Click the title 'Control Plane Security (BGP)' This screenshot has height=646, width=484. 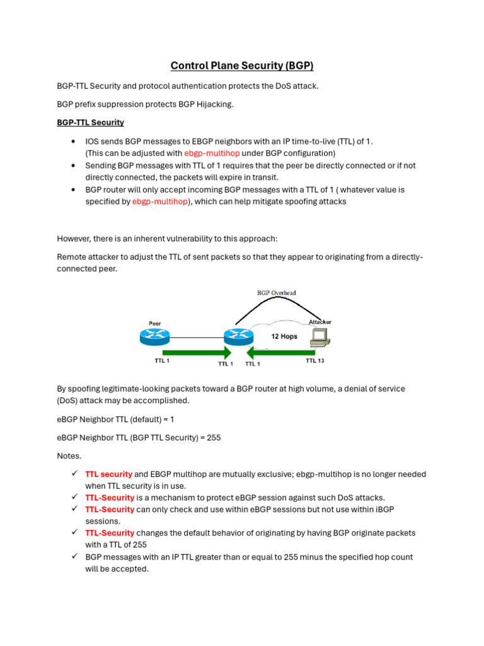(x=242, y=66)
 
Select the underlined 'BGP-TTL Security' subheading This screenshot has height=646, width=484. (x=90, y=122)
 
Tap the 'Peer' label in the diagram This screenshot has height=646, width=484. (x=154, y=324)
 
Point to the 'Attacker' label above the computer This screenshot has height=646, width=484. (x=320, y=322)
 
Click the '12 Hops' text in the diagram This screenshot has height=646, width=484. (x=284, y=336)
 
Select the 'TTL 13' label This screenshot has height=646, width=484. (x=315, y=361)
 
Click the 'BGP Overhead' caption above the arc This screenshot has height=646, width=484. (x=276, y=293)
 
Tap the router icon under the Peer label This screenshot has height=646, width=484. (x=155, y=338)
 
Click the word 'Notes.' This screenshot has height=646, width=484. (x=69, y=455)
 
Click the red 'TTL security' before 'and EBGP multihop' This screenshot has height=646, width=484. (x=108, y=474)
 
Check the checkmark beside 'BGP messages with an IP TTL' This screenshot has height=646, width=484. (x=74, y=556)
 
